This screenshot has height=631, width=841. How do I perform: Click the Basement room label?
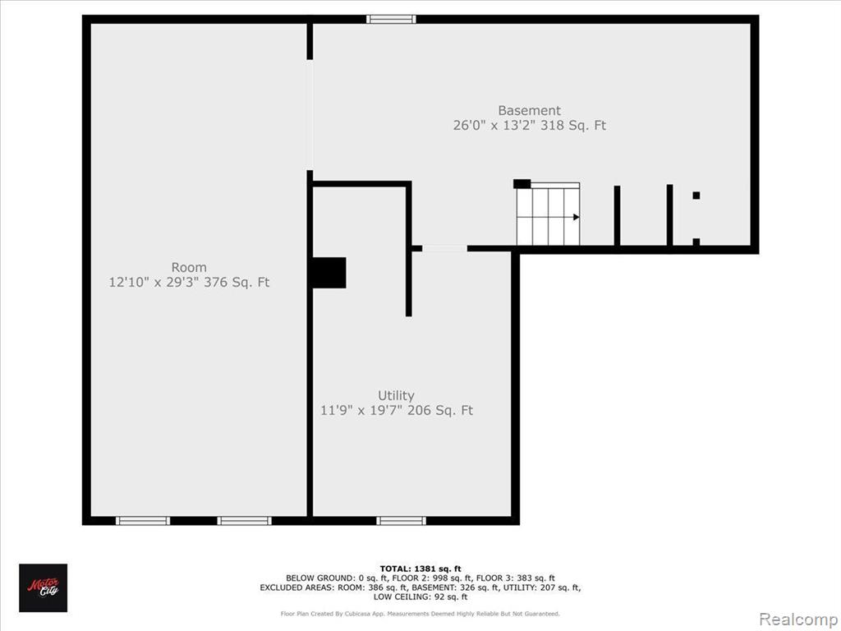(530, 111)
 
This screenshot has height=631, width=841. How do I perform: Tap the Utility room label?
(396, 396)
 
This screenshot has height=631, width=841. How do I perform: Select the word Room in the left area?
(189, 267)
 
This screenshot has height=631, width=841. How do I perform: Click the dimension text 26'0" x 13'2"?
(493, 126)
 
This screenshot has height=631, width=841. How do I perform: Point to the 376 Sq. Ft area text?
(237, 283)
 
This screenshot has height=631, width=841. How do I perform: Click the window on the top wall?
(391, 20)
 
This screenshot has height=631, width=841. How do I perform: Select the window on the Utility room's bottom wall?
(401, 520)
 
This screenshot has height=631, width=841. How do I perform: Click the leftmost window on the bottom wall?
(143, 520)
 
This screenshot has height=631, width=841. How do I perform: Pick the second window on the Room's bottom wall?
(244, 520)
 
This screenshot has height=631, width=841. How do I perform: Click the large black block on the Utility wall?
(329, 273)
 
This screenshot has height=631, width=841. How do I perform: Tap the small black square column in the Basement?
(696, 196)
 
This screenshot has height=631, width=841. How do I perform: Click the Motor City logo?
(44, 587)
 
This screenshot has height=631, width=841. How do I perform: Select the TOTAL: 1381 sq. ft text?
(420, 569)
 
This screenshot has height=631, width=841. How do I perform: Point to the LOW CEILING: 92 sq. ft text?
(420, 596)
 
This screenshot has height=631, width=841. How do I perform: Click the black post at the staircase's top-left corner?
(522, 183)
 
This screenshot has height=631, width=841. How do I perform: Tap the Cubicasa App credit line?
(420, 613)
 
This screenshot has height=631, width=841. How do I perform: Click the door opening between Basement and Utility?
(444, 248)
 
